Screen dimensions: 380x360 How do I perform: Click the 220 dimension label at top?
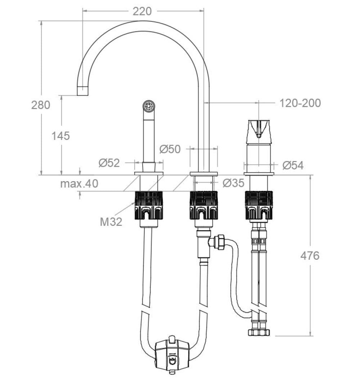(x=142, y=12)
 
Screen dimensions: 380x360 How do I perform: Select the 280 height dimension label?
(x=41, y=105)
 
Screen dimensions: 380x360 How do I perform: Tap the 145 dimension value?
(x=60, y=136)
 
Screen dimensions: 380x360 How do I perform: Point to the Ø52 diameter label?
(x=109, y=163)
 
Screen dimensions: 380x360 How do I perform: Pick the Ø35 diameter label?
(x=233, y=183)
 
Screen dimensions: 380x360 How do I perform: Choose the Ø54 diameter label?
(x=293, y=165)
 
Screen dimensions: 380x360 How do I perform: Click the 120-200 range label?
(x=300, y=103)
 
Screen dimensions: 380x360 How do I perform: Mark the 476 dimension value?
(x=310, y=255)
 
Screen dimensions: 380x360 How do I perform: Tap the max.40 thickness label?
(x=79, y=184)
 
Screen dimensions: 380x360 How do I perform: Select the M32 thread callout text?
(x=111, y=222)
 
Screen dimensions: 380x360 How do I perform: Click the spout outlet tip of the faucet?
(x=82, y=91)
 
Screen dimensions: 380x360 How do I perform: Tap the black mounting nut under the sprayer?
(x=149, y=205)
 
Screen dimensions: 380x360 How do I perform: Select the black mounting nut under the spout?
(x=204, y=205)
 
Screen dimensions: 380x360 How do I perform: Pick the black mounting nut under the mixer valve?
(x=258, y=205)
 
